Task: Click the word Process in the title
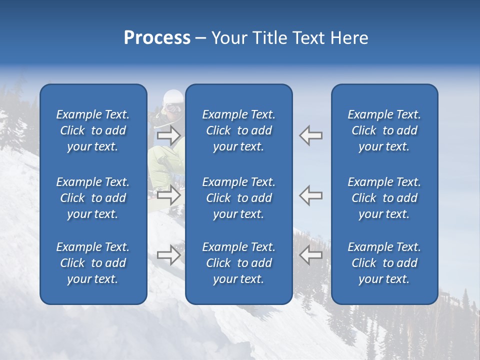[157, 38]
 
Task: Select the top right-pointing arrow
[168, 135]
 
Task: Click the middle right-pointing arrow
[168, 194]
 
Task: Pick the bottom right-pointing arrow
[168, 255]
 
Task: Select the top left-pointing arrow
[311, 135]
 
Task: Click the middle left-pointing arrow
[311, 194]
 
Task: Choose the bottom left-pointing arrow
[311, 255]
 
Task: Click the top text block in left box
[93, 130]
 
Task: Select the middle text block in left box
[93, 198]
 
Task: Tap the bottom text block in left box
[93, 263]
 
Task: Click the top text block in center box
[239, 130]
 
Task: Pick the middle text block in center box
[239, 198]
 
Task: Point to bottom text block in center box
[239, 263]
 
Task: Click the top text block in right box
[384, 130]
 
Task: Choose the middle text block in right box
[384, 198]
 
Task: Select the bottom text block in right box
[384, 263]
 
